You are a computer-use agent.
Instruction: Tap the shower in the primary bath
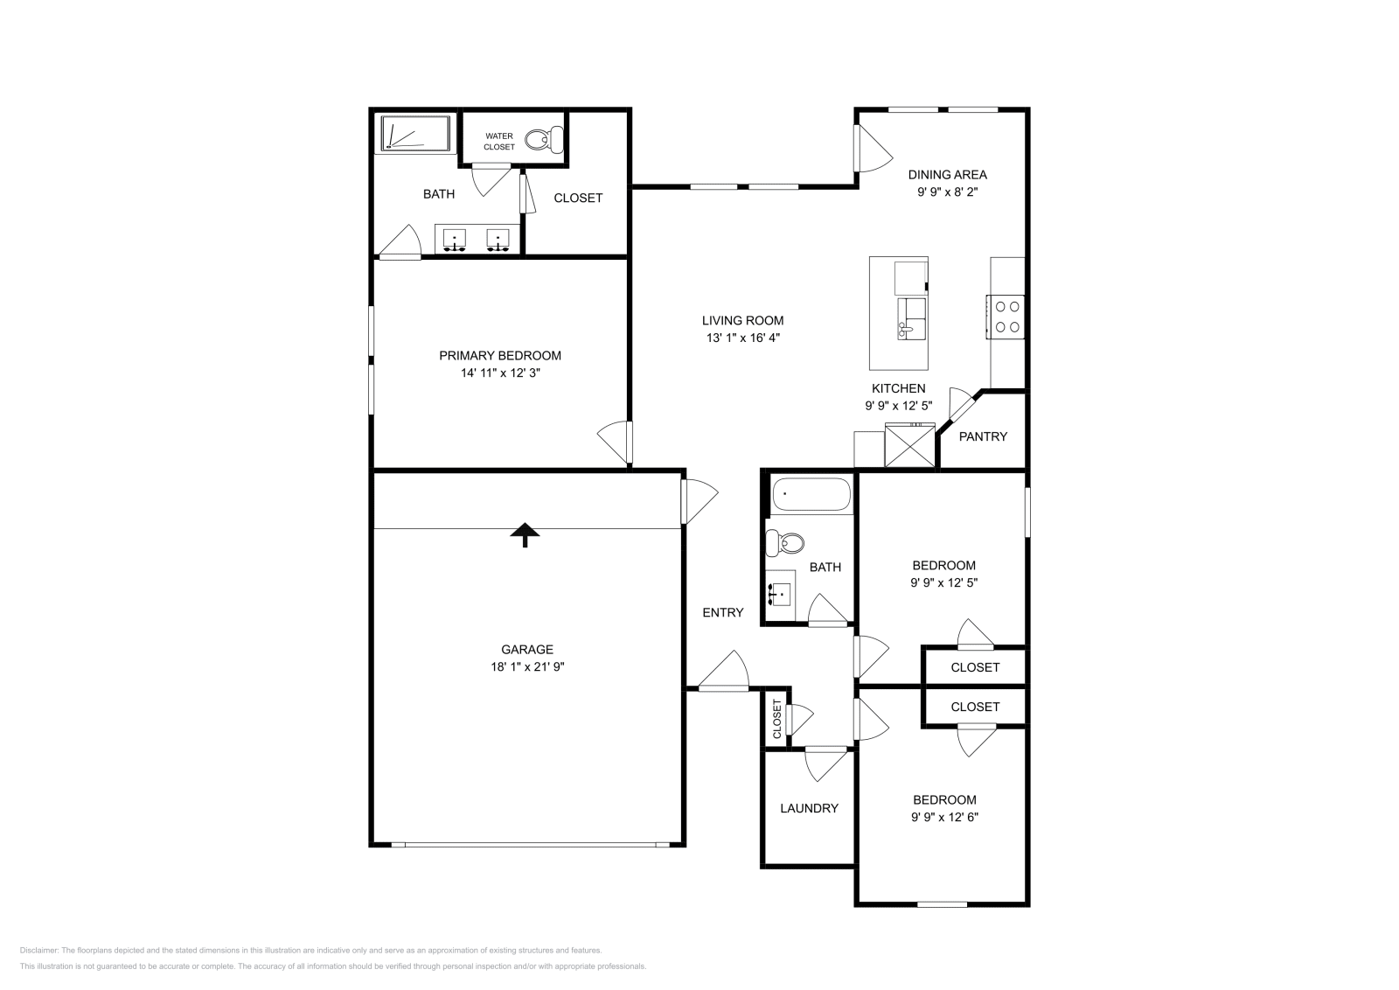coord(414,135)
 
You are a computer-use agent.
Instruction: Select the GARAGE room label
coord(526,650)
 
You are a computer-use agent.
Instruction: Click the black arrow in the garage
coord(525,534)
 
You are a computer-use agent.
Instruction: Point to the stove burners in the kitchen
coord(1006,317)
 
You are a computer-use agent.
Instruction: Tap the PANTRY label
coord(983,436)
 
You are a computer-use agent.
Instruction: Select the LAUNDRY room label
coord(809,809)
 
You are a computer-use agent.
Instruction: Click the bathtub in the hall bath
coord(811,494)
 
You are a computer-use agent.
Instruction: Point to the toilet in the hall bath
coord(785,544)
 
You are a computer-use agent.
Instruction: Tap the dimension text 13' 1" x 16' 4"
coord(742,338)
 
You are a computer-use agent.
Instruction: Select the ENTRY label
coord(723,613)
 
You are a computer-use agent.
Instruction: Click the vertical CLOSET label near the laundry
coord(776,719)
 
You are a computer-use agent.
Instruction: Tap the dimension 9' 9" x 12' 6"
coord(944,818)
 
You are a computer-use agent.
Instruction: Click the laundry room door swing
coord(823,763)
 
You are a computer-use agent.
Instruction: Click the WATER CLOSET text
coord(499,142)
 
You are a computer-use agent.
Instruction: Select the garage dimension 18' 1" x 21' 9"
coord(526,667)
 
